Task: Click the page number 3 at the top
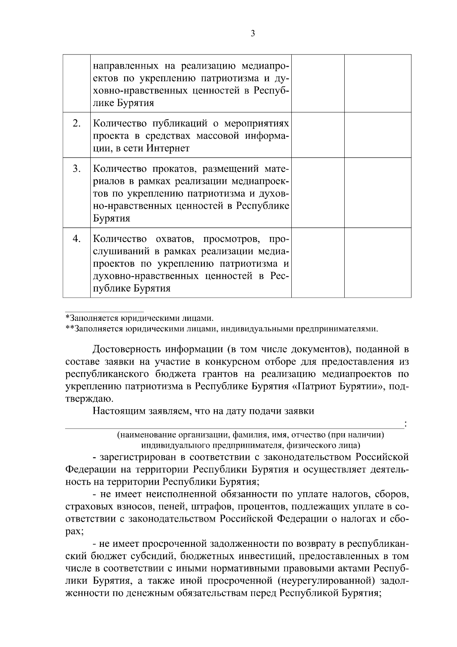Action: tap(253, 34)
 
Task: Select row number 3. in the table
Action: tap(77, 168)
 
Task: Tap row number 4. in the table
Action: tap(77, 239)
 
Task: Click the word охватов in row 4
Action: tap(174, 239)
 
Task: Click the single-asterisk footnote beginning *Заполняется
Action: tap(139, 317)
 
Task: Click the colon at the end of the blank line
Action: tap(406, 423)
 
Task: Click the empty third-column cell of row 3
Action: tap(318, 192)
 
